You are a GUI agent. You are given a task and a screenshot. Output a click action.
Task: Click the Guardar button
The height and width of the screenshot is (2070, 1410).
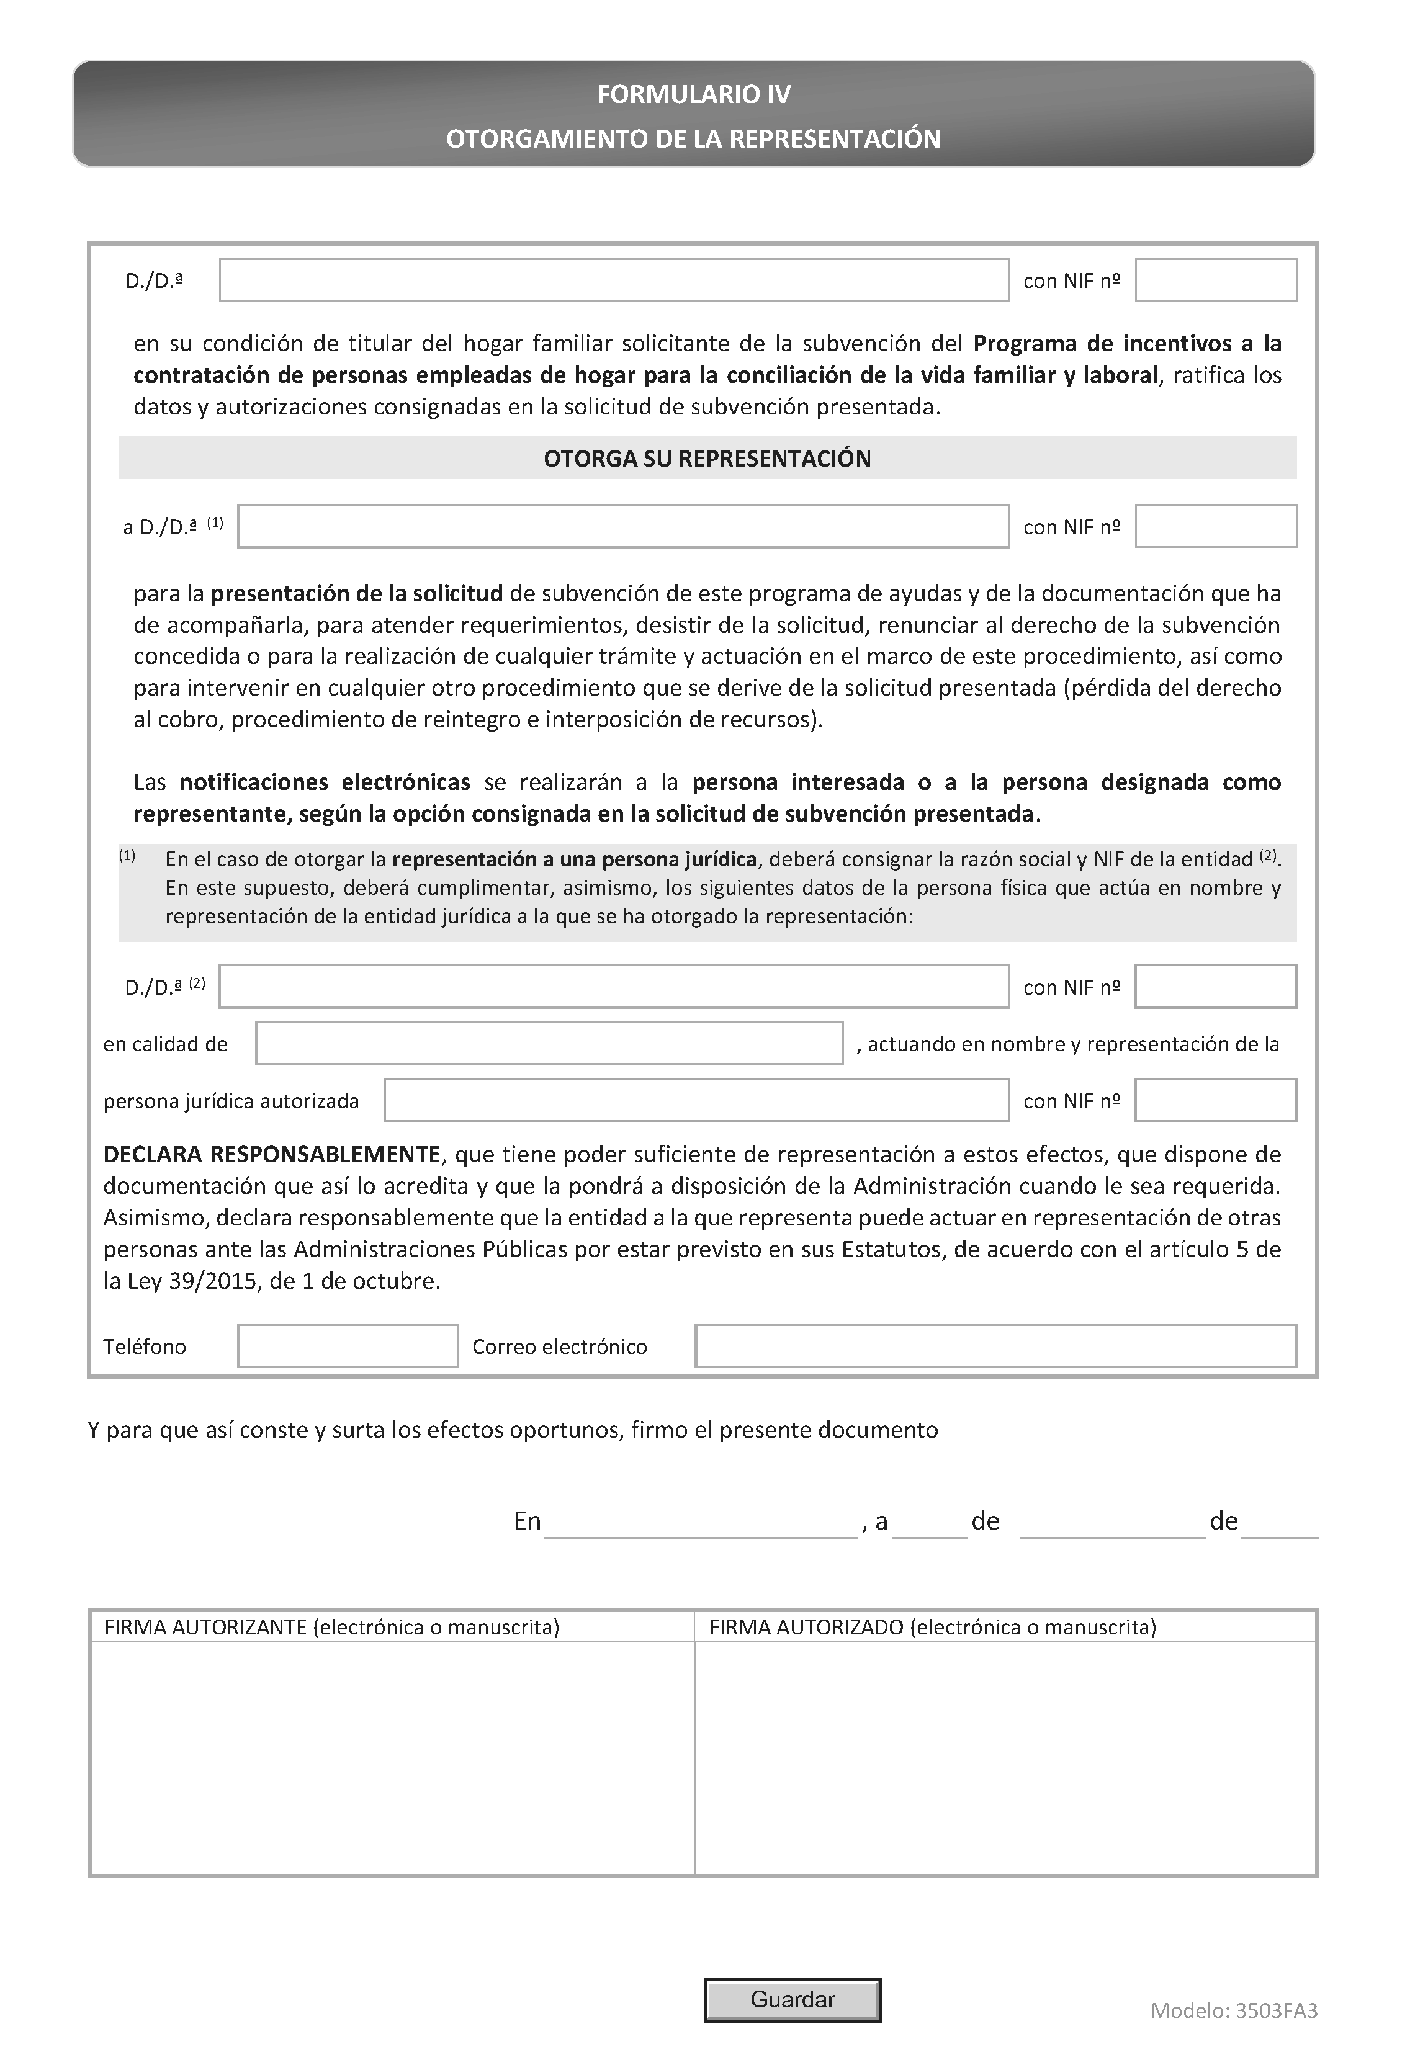792,2000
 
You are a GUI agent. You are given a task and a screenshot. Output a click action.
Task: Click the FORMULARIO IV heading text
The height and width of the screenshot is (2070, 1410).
693,94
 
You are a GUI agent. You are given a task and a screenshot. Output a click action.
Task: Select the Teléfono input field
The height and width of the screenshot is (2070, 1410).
348,1346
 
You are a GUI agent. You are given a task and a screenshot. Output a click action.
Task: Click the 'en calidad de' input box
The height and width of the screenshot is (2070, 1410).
549,1043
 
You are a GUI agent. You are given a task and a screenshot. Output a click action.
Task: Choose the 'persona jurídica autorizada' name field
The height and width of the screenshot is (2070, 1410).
696,1100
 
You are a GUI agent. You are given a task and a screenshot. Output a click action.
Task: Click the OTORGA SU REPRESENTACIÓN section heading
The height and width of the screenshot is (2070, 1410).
707,459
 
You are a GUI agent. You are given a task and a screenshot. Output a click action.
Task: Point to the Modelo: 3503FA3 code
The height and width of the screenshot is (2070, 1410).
1234,2010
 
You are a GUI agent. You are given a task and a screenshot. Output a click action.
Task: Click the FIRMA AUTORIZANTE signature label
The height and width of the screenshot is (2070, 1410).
331,1628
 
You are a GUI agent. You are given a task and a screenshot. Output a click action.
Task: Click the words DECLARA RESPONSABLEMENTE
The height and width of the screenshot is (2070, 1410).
272,1154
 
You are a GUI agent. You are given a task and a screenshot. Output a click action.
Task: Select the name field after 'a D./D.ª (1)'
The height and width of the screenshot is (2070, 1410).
622,526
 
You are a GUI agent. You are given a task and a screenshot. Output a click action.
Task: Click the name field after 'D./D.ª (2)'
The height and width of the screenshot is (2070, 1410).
614,987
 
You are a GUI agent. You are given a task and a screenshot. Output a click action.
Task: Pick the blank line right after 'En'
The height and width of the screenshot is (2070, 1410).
701,1524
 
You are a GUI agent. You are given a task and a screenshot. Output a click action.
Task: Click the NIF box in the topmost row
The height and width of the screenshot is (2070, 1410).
1215,280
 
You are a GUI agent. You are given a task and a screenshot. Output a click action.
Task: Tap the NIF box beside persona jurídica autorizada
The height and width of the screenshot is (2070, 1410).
1215,1100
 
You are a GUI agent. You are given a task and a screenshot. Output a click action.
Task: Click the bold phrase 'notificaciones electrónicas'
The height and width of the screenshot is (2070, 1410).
325,782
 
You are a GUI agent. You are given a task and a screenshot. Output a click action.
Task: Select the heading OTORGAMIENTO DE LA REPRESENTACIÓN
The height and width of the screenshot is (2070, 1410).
693,139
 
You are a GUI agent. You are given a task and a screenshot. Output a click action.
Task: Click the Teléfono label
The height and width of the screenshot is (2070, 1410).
145,1346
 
